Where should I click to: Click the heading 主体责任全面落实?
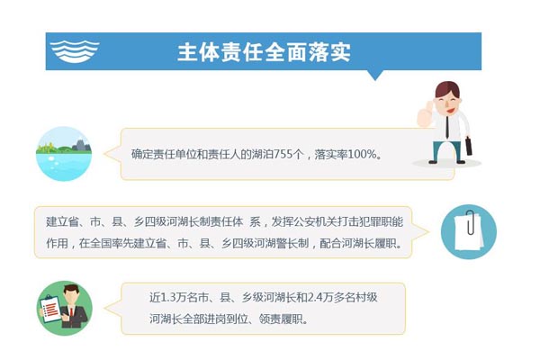click(x=264, y=52)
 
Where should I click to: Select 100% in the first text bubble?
click(x=365, y=155)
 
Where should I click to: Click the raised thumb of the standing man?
click(x=422, y=111)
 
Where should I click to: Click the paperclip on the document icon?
click(x=470, y=219)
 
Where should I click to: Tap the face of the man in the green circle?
click(x=72, y=295)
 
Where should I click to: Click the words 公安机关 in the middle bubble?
click(x=325, y=220)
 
